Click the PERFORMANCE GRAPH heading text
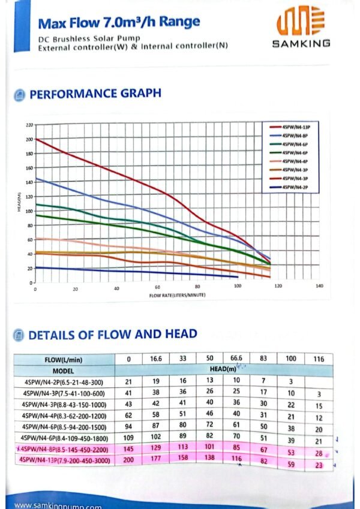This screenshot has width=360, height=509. pos(95,94)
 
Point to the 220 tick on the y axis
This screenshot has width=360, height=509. pos(29,125)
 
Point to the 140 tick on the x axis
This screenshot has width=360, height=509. pos(319,288)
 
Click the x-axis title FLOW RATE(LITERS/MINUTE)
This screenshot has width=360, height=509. pos(176,296)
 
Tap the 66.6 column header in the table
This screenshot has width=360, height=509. pos(235,359)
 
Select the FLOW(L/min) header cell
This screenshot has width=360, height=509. pos(64,359)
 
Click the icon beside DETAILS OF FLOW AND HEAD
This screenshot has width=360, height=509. pos(19,335)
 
